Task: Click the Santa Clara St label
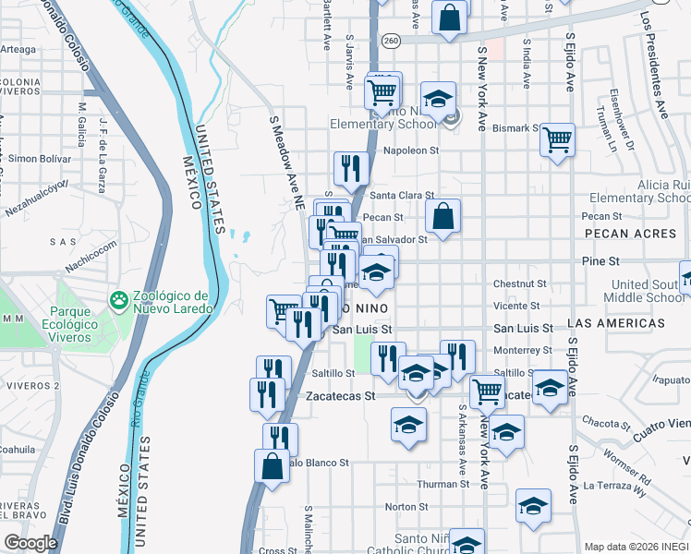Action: pos(402,196)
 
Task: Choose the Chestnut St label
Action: pos(521,284)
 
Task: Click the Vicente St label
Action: pos(516,306)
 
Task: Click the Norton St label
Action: pos(406,507)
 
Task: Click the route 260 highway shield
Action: pos(391,41)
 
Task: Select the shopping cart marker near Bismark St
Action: pos(558,140)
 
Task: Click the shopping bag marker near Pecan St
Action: pos(443,216)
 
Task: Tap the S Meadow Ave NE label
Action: pos(286,161)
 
